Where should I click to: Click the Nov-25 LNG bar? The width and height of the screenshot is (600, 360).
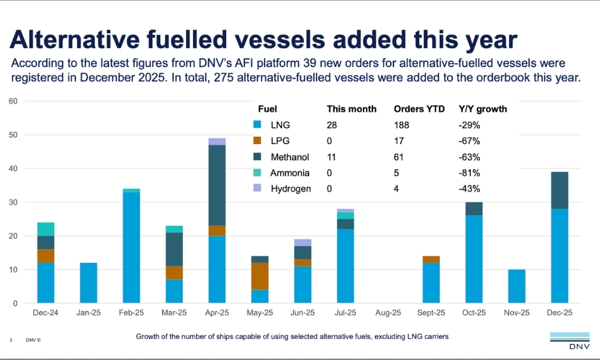point(517,286)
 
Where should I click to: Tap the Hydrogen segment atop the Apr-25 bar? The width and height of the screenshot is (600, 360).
point(217,142)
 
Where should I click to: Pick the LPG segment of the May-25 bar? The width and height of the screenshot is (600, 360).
point(260,276)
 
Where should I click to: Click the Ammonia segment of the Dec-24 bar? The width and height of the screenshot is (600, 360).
point(46,229)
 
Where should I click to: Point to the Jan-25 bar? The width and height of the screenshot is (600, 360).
point(88,283)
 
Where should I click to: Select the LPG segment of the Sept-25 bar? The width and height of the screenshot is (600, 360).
point(431,260)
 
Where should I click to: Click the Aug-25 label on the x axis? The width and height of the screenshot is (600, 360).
point(388,313)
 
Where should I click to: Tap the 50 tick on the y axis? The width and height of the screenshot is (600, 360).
point(14,135)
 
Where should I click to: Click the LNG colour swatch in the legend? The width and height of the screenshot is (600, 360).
point(257,125)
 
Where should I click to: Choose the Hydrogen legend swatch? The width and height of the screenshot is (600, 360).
point(257,188)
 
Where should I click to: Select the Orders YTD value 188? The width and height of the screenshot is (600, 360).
point(401,125)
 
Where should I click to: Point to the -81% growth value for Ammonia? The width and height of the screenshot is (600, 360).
point(469,173)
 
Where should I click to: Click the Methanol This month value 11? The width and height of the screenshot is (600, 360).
point(332,157)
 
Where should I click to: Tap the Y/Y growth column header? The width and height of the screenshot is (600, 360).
point(482,109)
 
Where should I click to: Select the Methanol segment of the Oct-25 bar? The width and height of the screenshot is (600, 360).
point(474,209)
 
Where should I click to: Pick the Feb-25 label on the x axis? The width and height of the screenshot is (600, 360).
point(131,313)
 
